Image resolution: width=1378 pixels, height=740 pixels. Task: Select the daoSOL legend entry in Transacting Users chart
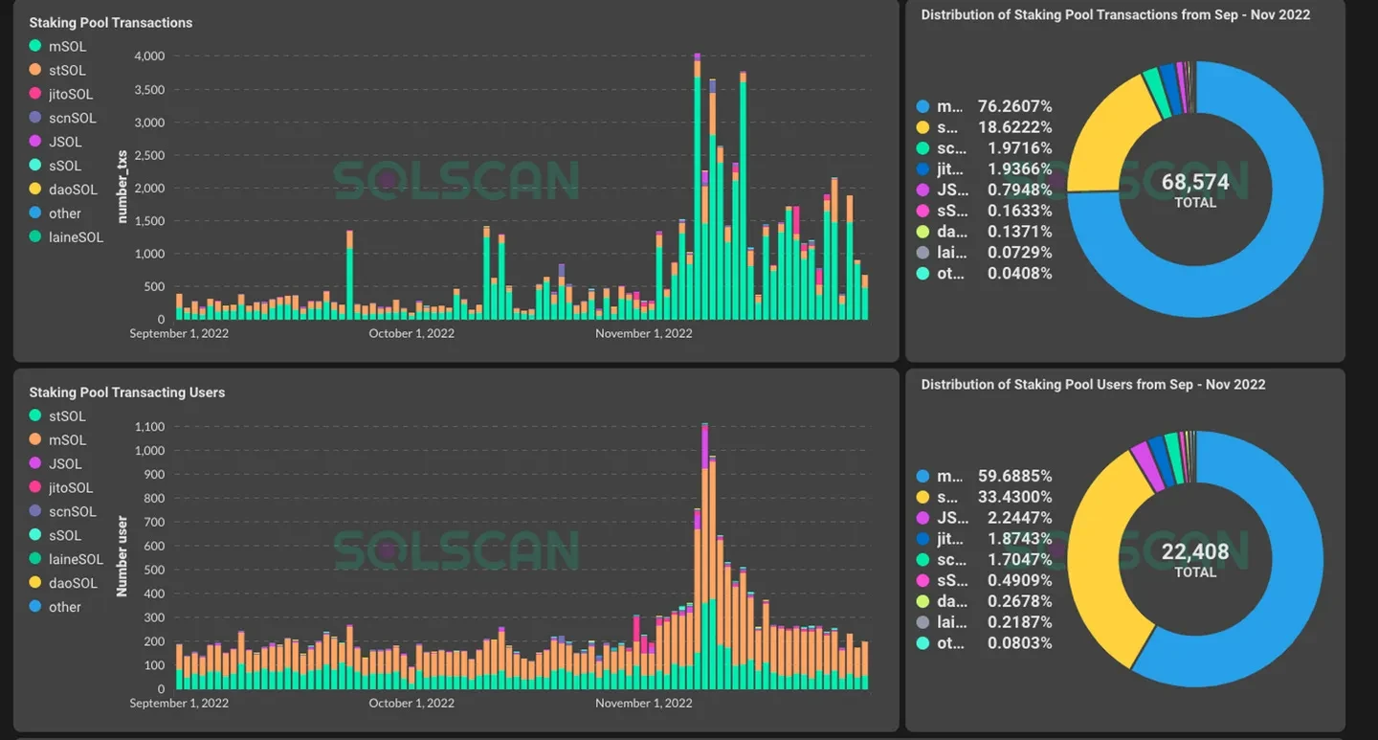point(73,583)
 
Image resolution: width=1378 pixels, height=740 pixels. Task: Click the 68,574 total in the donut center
point(1194,182)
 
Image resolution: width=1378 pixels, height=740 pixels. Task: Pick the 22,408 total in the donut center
point(1194,551)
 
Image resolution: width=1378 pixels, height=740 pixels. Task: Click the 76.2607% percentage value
point(1014,106)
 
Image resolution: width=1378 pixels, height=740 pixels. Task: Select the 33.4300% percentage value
point(1014,497)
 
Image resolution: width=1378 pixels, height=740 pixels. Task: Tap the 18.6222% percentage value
point(1014,127)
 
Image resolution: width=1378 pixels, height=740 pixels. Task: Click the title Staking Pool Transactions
point(110,23)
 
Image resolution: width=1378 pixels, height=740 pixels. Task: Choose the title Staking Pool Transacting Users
point(126,392)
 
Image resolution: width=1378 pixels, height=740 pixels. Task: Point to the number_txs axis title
point(122,187)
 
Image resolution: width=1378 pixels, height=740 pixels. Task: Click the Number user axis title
point(122,557)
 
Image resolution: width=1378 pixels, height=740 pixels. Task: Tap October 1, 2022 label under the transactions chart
point(411,333)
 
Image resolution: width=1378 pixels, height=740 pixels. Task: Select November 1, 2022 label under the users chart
point(643,703)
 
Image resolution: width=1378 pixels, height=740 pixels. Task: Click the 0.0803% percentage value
point(1019,643)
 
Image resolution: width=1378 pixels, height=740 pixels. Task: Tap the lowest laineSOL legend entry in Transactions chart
point(76,237)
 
